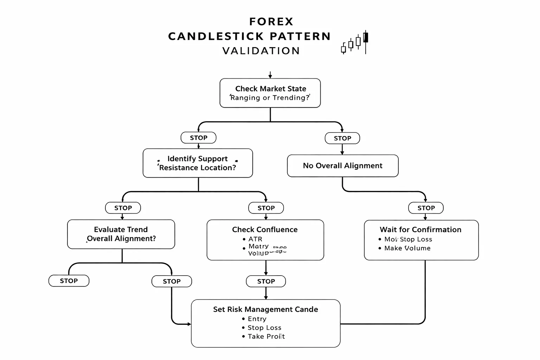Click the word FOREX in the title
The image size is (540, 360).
[x=271, y=22]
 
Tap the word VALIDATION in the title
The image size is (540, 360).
[x=261, y=51]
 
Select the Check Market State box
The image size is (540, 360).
[x=270, y=93]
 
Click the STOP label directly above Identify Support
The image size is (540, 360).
[x=198, y=138]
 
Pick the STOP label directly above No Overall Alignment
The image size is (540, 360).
[x=342, y=138]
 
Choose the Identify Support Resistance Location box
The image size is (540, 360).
[x=198, y=163]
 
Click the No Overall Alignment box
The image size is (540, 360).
[x=342, y=166]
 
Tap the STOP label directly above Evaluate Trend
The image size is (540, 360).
[x=123, y=208]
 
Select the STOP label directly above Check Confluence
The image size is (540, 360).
[x=266, y=208]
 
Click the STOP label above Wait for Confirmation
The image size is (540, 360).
[x=426, y=208]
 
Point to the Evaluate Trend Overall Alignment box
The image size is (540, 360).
[x=121, y=234]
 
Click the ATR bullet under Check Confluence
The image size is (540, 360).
[x=255, y=239]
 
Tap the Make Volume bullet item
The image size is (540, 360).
[x=407, y=248]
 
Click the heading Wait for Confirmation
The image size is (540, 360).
[x=420, y=230]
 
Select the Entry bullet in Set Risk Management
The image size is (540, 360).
[x=257, y=319]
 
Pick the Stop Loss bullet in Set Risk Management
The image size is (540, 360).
[x=264, y=328]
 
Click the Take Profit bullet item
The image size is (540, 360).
[x=266, y=336]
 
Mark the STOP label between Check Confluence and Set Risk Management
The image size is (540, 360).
[x=266, y=281]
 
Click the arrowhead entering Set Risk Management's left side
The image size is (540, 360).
[x=189, y=324]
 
